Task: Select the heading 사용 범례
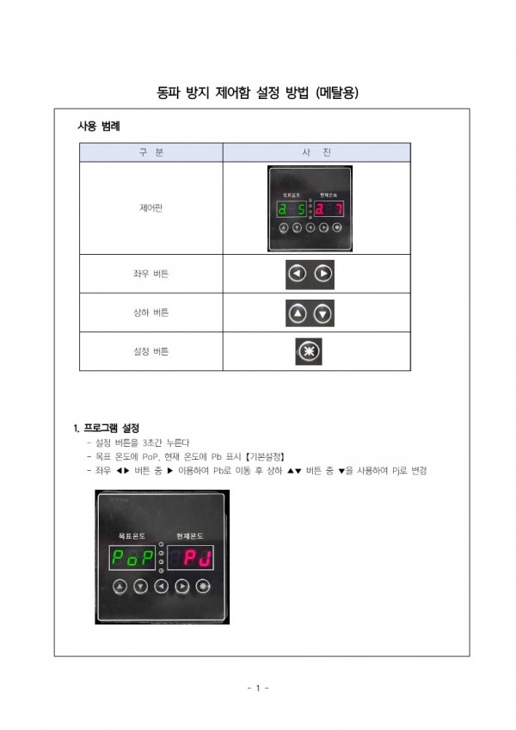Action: coord(99,127)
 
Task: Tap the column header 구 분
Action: coord(150,152)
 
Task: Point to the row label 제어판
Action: coord(150,207)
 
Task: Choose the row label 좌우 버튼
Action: coord(150,274)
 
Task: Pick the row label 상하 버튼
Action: coord(150,313)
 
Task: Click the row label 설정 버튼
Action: coord(150,351)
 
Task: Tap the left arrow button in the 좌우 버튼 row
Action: coord(298,274)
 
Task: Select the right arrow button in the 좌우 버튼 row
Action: coord(323,274)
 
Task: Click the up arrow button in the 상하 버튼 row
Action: coord(298,313)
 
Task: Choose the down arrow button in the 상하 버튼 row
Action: coord(323,313)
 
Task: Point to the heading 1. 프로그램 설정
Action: coord(107,428)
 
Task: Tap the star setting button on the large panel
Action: coord(203,586)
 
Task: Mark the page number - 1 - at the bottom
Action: coord(258,688)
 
